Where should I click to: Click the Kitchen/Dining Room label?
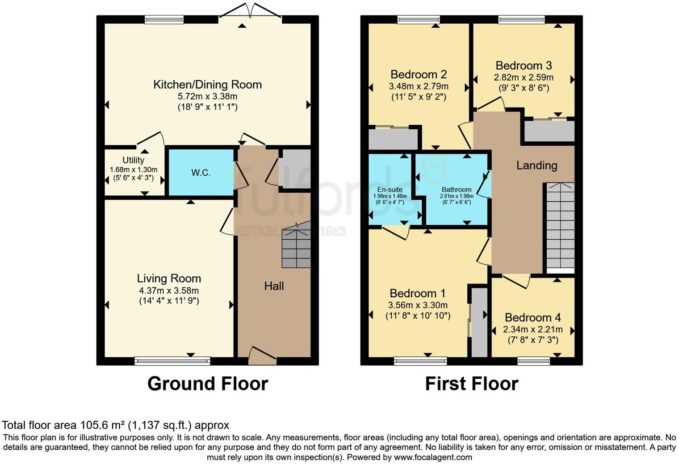pos(207,85)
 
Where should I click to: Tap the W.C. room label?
pos(201,173)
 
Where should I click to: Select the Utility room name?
pos(134,160)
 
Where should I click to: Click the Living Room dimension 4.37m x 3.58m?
pos(169,291)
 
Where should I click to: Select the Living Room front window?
pos(172,360)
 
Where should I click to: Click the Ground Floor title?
pos(207,384)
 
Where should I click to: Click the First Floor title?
pos(471,384)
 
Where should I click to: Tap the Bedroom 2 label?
pos(419,74)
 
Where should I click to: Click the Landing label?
pos(536,165)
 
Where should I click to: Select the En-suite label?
pos(390,190)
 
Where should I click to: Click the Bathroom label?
pos(456,190)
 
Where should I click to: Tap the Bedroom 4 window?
pos(533,360)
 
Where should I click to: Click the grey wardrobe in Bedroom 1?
pos(480,322)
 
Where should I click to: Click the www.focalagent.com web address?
pos(433,457)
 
